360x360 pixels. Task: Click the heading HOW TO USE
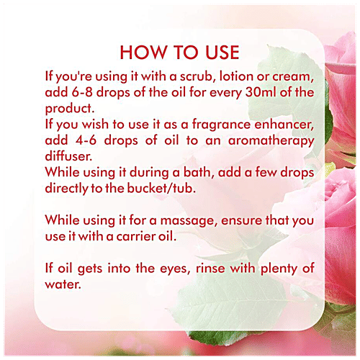(x=179, y=53)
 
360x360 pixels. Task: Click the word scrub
(x=196, y=76)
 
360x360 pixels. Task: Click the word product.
(x=70, y=109)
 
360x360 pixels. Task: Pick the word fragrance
(x=221, y=125)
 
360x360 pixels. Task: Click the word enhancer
(x=284, y=125)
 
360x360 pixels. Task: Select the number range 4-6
(x=86, y=140)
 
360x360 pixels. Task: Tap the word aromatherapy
(x=271, y=141)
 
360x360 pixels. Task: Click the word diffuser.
(x=68, y=156)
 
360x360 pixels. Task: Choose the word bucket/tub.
(x=161, y=189)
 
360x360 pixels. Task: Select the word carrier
(x=136, y=237)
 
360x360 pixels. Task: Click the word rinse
(x=210, y=269)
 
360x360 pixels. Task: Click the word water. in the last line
(x=63, y=285)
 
